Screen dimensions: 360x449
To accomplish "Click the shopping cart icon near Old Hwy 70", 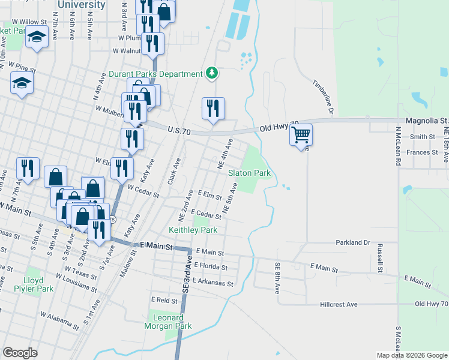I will coord(301,134).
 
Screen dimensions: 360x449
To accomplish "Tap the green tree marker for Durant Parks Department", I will coord(211,73).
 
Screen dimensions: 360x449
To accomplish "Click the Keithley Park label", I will coord(193,230).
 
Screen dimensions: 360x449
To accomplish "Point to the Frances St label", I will coord(422,152).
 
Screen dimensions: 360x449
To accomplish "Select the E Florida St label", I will coord(209,267).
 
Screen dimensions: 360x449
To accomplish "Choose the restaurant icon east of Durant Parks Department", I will coord(213,108).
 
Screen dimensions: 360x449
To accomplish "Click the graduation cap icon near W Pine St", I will coord(22,83).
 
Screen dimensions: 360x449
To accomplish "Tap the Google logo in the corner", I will coord(20,353).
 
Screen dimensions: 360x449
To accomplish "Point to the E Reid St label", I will coord(164,300).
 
